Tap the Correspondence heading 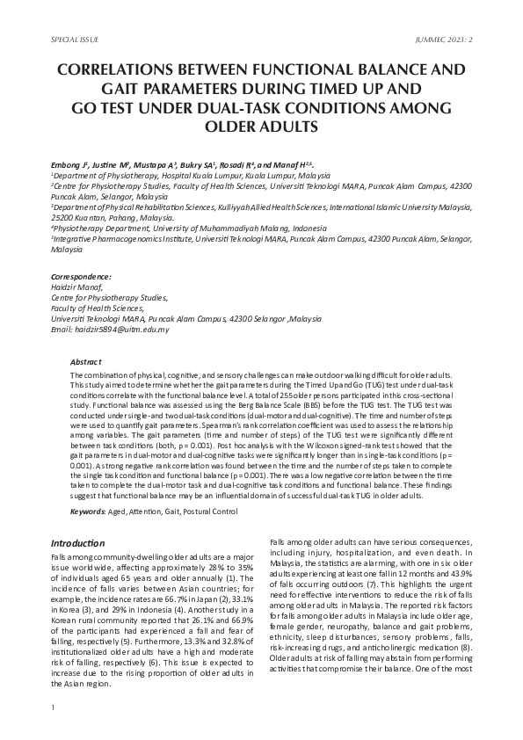point(81,277)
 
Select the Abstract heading point(85,362)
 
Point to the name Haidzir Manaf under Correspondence point(76,287)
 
